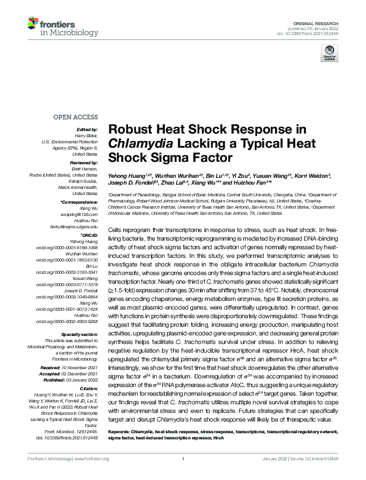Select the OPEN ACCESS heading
76,116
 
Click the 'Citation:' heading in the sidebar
89,388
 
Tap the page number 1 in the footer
183,459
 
